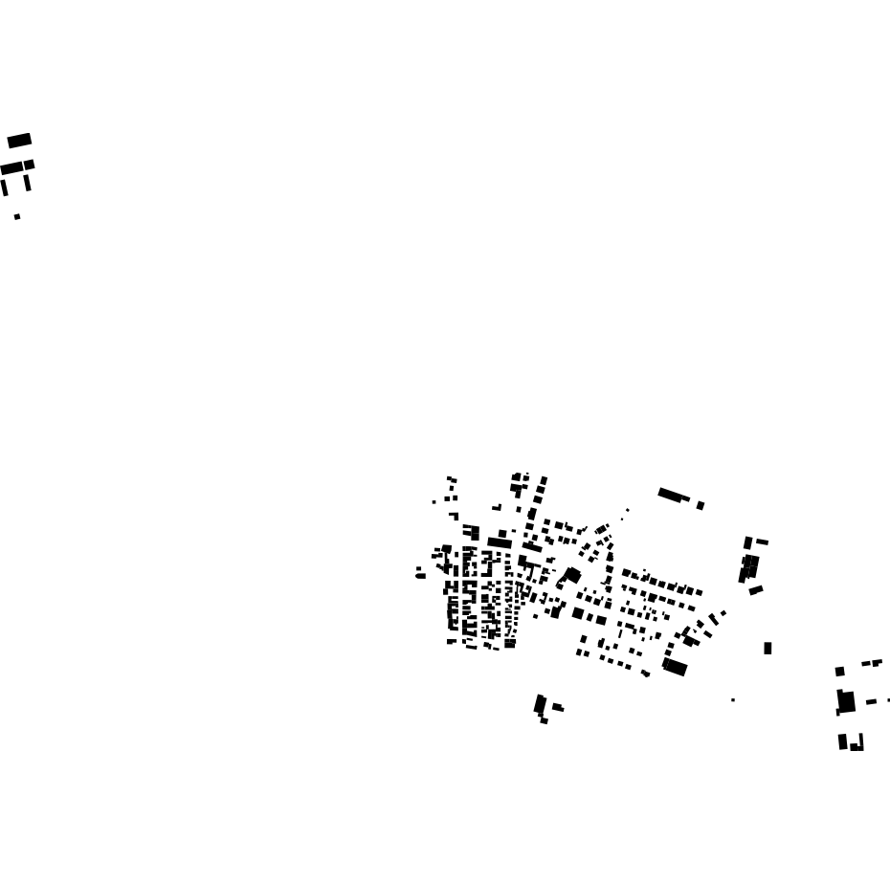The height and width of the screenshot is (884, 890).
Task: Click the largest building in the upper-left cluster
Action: click(19, 141)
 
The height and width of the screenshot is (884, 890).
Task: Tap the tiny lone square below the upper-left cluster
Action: click(17, 217)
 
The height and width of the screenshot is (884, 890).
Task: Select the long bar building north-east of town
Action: click(673, 495)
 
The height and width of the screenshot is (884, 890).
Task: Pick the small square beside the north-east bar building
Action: click(701, 505)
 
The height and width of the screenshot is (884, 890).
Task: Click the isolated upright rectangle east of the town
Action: click(768, 649)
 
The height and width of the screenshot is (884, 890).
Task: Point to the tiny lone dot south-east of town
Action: click(733, 700)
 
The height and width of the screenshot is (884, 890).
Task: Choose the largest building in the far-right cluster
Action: click(846, 701)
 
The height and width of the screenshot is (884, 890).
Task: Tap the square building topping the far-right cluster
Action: click(840, 672)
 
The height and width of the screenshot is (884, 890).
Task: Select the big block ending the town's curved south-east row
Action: click(675, 667)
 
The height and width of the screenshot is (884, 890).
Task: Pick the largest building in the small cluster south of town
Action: click(540, 705)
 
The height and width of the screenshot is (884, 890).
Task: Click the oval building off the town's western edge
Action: click(420, 576)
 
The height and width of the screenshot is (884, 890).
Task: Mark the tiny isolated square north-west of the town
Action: click(434, 501)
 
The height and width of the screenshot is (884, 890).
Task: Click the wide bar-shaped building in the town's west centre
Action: click(500, 542)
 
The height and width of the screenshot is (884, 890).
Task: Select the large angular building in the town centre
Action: click(571, 576)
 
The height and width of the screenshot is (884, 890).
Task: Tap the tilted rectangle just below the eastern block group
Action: click(756, 590)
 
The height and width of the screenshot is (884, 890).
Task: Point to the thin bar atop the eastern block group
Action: click(762, 542)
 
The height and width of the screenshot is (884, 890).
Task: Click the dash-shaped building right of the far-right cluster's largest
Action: click(871, 702)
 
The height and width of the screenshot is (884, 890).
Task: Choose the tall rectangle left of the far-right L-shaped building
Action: click(843, 741)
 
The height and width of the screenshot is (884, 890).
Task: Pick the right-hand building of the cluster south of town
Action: click(558, 708)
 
